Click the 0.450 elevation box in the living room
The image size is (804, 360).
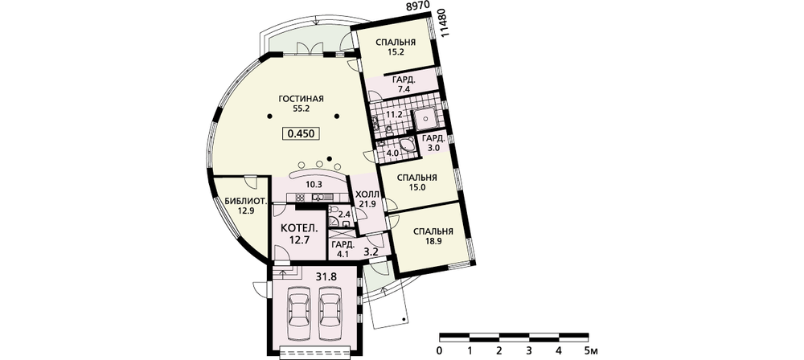pos(301,133)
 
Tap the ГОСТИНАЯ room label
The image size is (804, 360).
pos(301,99)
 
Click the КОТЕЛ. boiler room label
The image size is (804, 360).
pos(297,227)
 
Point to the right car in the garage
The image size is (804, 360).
pos(330,313)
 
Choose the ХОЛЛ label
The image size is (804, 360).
pos(367,195)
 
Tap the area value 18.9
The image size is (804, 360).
pos(433,241)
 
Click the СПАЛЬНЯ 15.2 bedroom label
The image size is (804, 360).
pos(396,47)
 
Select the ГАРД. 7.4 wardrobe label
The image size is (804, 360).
pos(404,84)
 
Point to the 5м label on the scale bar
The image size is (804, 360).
pos(591,351)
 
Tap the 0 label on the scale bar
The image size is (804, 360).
pos(440,351)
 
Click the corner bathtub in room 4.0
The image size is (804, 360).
pos(408,145)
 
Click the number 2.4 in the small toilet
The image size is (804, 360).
pos(345,214)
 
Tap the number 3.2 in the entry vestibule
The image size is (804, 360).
pos(371,252)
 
